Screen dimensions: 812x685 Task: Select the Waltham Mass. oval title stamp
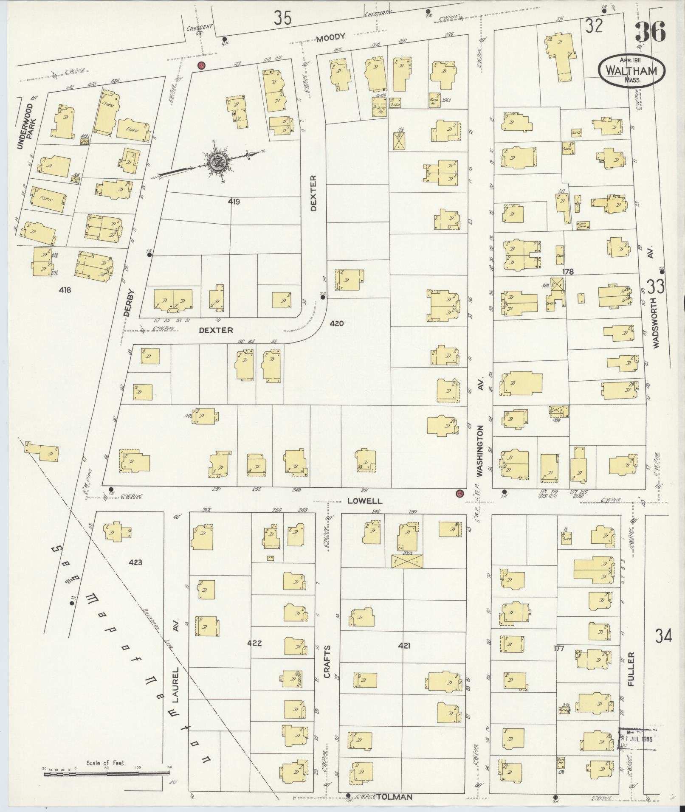tap(632, 70)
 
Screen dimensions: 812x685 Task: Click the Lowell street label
tap(365, 501)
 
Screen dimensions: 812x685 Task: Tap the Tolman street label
tap(395, 797)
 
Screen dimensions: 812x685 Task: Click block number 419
tap(234, 202)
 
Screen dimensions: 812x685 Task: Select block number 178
tap(568, 272)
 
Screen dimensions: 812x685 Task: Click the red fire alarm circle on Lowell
tap(459, 494)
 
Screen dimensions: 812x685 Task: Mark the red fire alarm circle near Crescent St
tap(201, 65)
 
